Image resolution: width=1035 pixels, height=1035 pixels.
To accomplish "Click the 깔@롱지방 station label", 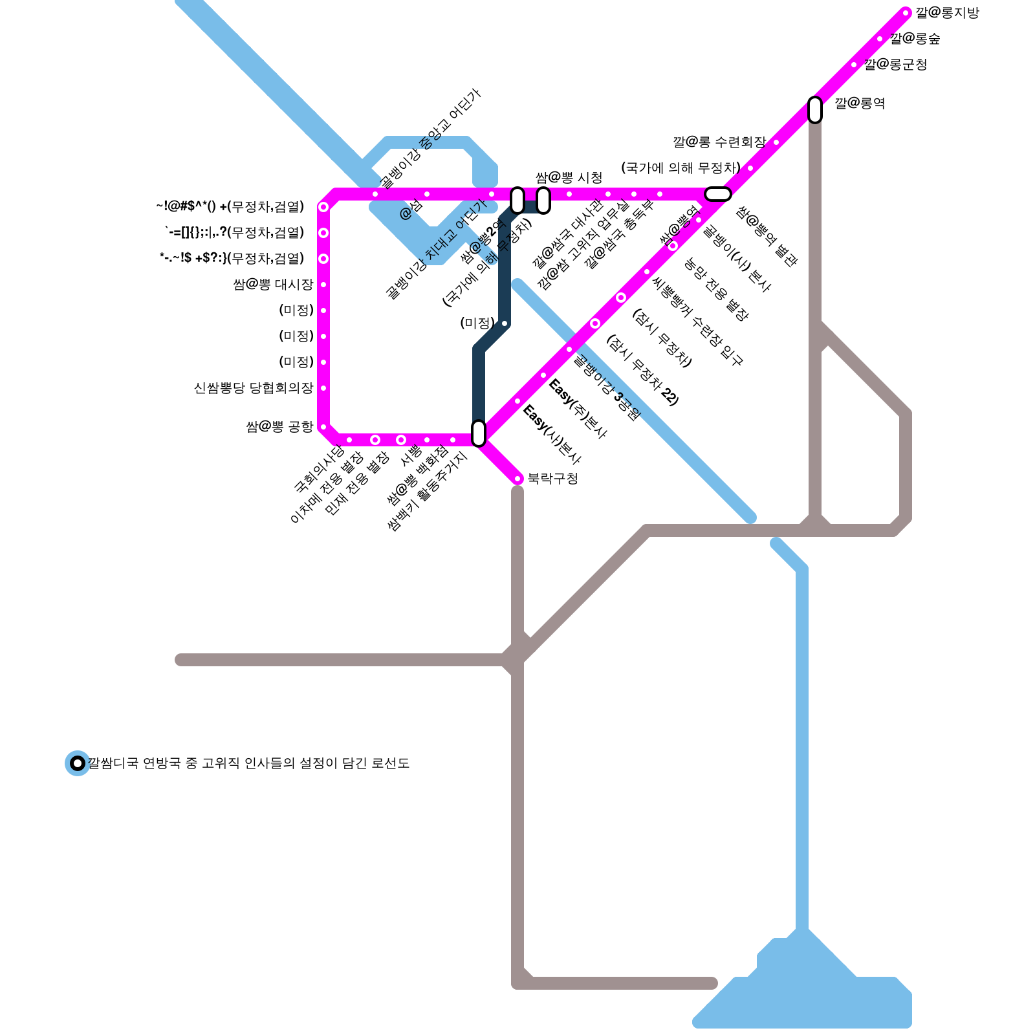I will tap(947, 13).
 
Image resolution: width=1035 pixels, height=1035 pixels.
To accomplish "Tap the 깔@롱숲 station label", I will tap(915, 39).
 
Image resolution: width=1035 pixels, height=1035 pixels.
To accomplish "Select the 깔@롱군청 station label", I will tap(895, 65).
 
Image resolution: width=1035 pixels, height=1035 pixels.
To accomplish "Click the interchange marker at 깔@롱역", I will tap(815, 110).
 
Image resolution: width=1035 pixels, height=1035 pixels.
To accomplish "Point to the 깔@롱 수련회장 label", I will tap(719, 142).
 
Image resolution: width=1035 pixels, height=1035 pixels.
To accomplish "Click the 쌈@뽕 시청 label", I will tap(569, 178).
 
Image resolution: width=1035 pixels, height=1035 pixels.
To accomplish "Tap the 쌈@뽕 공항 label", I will tap(279, 427).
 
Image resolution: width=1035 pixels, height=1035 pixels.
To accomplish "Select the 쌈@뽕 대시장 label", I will tap(273, 285).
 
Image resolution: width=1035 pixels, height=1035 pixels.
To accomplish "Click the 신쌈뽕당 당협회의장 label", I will tap(254, 388).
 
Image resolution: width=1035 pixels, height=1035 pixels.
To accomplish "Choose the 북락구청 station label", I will tap(552, 479).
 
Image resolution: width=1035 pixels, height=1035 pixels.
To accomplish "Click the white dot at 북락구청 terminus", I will tap(517, 479).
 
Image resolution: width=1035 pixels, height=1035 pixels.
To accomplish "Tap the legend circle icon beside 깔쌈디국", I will tap(78, 763).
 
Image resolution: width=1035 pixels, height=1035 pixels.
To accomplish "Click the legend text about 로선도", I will tap(249, 763).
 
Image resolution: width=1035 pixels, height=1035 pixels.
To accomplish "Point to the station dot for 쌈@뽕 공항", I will tap(323, 427).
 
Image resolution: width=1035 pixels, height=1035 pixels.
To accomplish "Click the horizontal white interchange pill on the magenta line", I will tap(718, 194).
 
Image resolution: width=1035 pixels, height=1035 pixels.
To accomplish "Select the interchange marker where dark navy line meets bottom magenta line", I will tap(479, 433).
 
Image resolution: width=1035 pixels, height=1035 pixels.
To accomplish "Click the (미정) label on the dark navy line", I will tap(477, 323).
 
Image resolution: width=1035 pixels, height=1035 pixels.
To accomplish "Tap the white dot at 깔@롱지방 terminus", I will tap(906, 13).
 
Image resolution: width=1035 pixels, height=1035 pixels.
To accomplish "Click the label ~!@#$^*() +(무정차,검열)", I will tap(230, 207).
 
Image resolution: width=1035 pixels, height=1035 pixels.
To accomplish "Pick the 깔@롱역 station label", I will tap(860, 103).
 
